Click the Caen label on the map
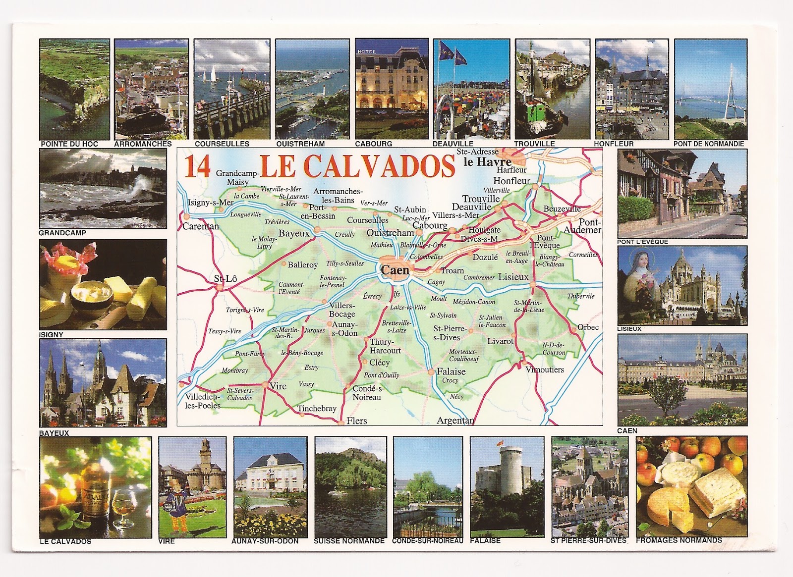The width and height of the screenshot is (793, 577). (395, 270)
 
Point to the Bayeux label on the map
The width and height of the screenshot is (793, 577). (293, 233)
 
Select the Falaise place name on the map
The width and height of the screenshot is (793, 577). (451, 371)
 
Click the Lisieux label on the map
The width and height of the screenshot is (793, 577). (513, 277)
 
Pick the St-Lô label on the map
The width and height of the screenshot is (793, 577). (226, 279)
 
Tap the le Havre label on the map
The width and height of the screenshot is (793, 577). (487, 162)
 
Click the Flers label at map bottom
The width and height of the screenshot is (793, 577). (357, 421)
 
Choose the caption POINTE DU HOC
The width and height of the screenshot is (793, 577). (69, 144)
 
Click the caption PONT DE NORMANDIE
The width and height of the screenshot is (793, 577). (709, 144)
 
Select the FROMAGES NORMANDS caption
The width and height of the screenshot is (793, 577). (679, 540)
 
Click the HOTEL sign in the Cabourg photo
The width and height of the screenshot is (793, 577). (367, 52)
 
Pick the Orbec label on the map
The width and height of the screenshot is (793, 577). (588, 327)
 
